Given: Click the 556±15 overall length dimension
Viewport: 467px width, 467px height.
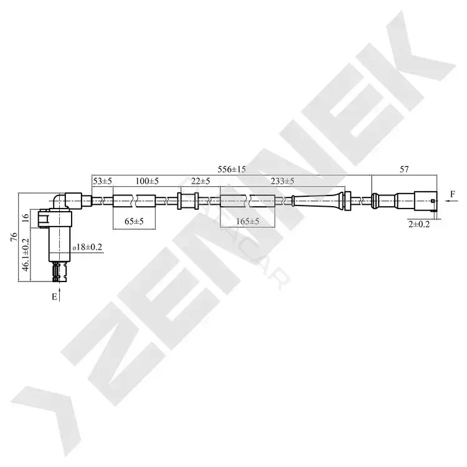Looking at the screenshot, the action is tap(232, 169).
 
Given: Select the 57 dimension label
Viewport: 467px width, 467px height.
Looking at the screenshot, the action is tap(404, 169).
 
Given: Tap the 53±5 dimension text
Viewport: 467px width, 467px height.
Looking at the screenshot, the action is tap(103, 181).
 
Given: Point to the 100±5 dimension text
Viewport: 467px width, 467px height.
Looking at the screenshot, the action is tap(147, 181).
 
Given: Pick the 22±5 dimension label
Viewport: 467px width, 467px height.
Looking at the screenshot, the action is tap(200, 181).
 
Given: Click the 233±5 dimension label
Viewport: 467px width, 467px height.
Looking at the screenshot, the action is tap(282, 181).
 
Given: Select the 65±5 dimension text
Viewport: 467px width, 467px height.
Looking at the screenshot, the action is tap(134, 221).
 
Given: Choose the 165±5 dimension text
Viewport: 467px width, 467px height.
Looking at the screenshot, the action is tap(247, 221).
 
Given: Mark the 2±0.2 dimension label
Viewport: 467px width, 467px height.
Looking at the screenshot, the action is tap(419, 224).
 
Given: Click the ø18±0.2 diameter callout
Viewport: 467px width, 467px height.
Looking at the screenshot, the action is tap(87, 247).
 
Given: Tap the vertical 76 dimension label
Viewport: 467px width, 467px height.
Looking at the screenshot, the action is tap(14, 237).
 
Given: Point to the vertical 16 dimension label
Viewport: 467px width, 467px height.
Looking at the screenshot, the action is tap(26, 218).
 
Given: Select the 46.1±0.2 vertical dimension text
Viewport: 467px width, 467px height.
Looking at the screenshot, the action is tap(26, 255).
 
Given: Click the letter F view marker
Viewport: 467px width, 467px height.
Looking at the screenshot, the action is tap(453, 194).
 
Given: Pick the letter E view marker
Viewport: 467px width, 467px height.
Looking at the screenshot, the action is tap(54, 296).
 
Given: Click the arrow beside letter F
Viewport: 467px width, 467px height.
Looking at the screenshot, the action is tap(452, 201).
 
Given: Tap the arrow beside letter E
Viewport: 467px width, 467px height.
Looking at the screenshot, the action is tap(60, 295).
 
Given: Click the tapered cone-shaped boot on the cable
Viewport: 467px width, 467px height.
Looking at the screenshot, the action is tap(318, 200).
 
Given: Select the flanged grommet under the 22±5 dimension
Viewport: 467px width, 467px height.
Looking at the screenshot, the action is tap(188, 200).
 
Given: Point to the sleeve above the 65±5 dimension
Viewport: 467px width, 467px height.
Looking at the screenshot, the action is tap(134, 200).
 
